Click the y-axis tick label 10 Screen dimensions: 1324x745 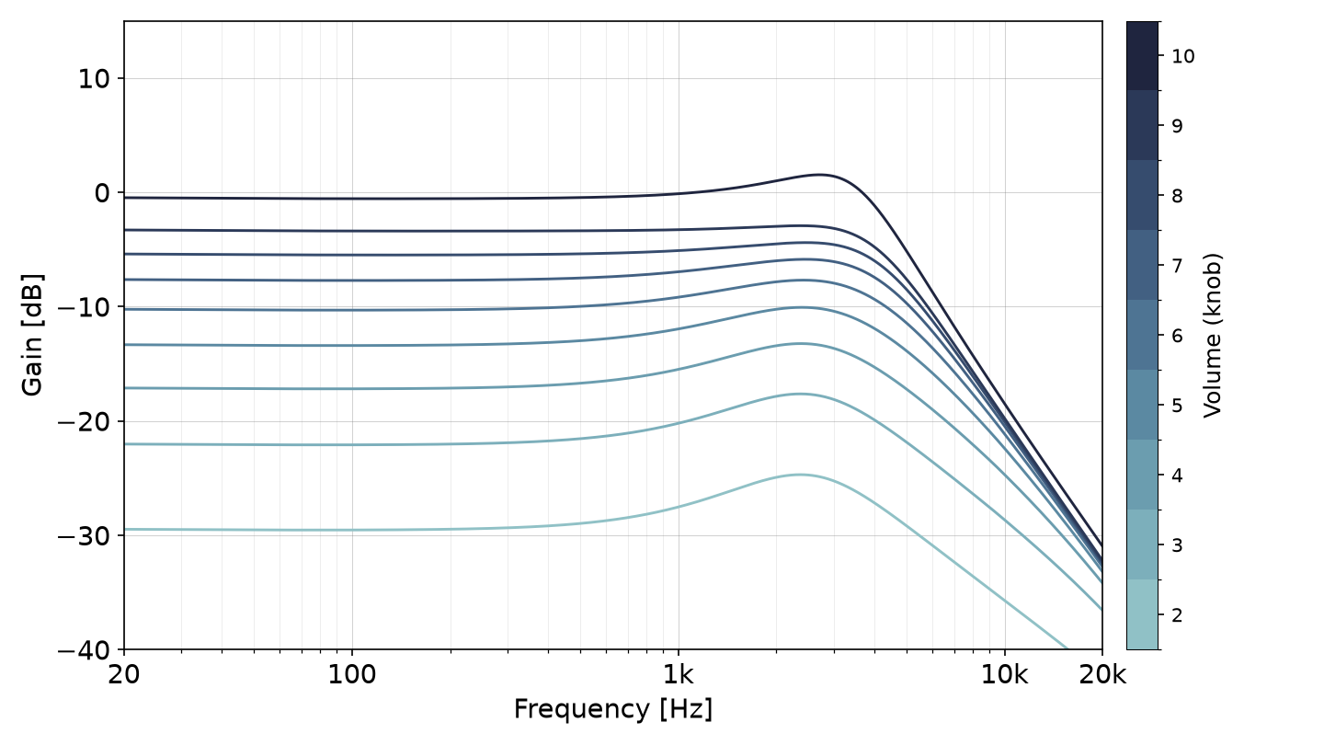[94, 79]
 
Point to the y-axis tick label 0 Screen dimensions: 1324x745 [102, 193]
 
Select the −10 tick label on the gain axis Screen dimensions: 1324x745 [84, 307]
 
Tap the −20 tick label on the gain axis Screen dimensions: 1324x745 [84, 422]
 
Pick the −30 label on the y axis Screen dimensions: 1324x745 [84, 536]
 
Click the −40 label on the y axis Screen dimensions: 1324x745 [84, 650]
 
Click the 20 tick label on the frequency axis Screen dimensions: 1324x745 [124, 675]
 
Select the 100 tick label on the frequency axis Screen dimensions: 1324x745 [351, 675]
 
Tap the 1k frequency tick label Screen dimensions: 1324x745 [678, 675]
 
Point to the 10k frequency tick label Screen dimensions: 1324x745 [1005, 675]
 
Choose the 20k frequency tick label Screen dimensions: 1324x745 [1102, 675]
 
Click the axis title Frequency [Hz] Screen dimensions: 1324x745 [613, 709]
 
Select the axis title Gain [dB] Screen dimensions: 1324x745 [32, 335]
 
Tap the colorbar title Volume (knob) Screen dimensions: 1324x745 [1212, 335]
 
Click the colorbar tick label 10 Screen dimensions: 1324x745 [1182, 56]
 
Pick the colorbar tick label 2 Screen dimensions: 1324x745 [1177, 615]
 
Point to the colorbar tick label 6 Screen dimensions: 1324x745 [1177, 336]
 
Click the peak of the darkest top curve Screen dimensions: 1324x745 [819, 175]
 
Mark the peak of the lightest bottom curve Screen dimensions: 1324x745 [799, 475]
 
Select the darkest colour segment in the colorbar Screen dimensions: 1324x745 [1142, 55]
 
